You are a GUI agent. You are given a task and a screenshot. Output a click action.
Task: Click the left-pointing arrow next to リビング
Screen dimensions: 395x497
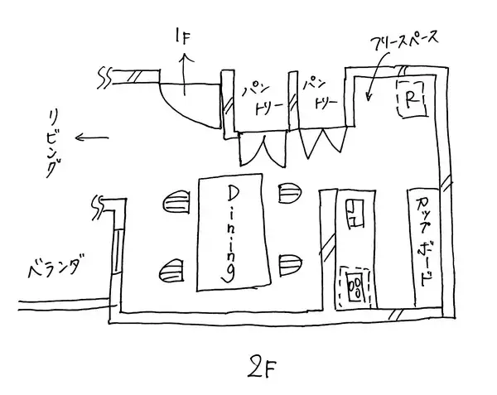click(x=91, y=138)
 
